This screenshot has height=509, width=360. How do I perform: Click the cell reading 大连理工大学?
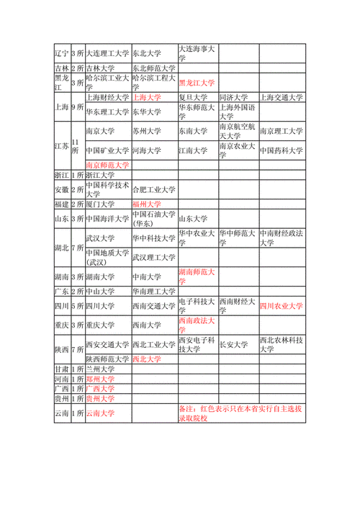coord(107,53)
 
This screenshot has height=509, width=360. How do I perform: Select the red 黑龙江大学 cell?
coord(197,83)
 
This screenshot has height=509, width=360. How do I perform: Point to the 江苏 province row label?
coord(62,145)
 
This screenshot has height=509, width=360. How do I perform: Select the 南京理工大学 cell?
coord(282,132)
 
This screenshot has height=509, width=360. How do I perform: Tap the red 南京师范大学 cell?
coord(107,165)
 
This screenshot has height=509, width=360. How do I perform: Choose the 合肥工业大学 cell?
coord(153,190)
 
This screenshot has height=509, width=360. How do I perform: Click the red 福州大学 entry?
coord(147,204)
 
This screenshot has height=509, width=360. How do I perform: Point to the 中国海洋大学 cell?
coord(107,218)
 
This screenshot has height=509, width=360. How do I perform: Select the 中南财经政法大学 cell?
coord(282,238)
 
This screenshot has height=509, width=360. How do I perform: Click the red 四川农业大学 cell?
coord(282,306)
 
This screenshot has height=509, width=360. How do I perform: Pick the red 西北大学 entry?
coord(147,359)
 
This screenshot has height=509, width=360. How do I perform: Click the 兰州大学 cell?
coord(100,369)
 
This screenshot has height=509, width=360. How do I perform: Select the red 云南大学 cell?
coord(100,413)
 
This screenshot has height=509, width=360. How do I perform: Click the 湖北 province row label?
coord(62,248)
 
